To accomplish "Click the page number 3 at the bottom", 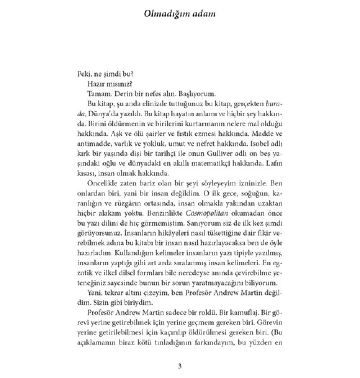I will pyautogui.click(x=180, y=366).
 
